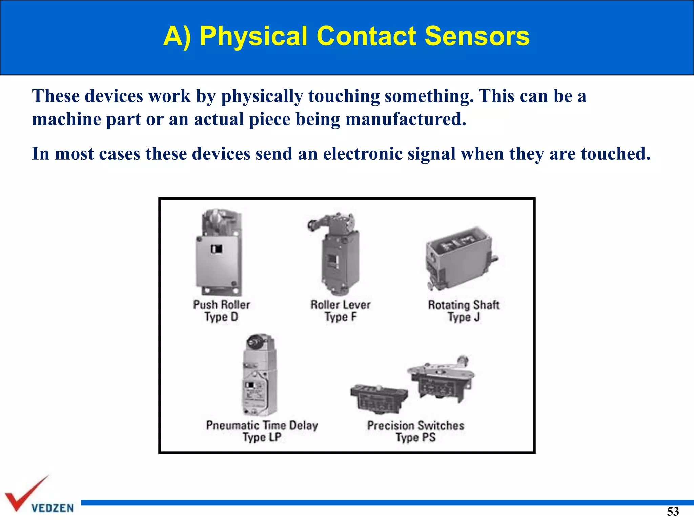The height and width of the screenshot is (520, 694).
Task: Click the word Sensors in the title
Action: click(x=477, y=36)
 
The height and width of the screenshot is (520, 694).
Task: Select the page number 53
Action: click(x=673, y=511)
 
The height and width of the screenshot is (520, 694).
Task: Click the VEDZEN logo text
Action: click(x=53, y=508)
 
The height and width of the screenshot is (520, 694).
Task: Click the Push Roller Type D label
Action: click(x=222, y=311)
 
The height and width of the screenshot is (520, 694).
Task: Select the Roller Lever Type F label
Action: click(x=341, y=311)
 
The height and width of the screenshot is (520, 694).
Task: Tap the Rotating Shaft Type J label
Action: click(x=464, y=311)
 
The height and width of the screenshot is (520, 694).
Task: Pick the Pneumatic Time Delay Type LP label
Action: click(x=262, y=431)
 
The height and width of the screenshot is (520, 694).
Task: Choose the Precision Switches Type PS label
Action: click(x=416, y=431)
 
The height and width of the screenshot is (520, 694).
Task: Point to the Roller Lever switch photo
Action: click(x=339, y=254)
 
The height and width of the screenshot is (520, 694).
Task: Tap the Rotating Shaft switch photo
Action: click(x=461, y=259)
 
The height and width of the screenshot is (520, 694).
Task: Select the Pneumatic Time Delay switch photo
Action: click(x=259, y=376)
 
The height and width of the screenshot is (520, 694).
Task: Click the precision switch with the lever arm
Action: click(x=441, y=379)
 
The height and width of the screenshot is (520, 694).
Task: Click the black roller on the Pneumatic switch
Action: click(x=253, y=342)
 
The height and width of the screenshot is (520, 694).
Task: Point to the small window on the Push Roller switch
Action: click(x=217, y=249)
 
